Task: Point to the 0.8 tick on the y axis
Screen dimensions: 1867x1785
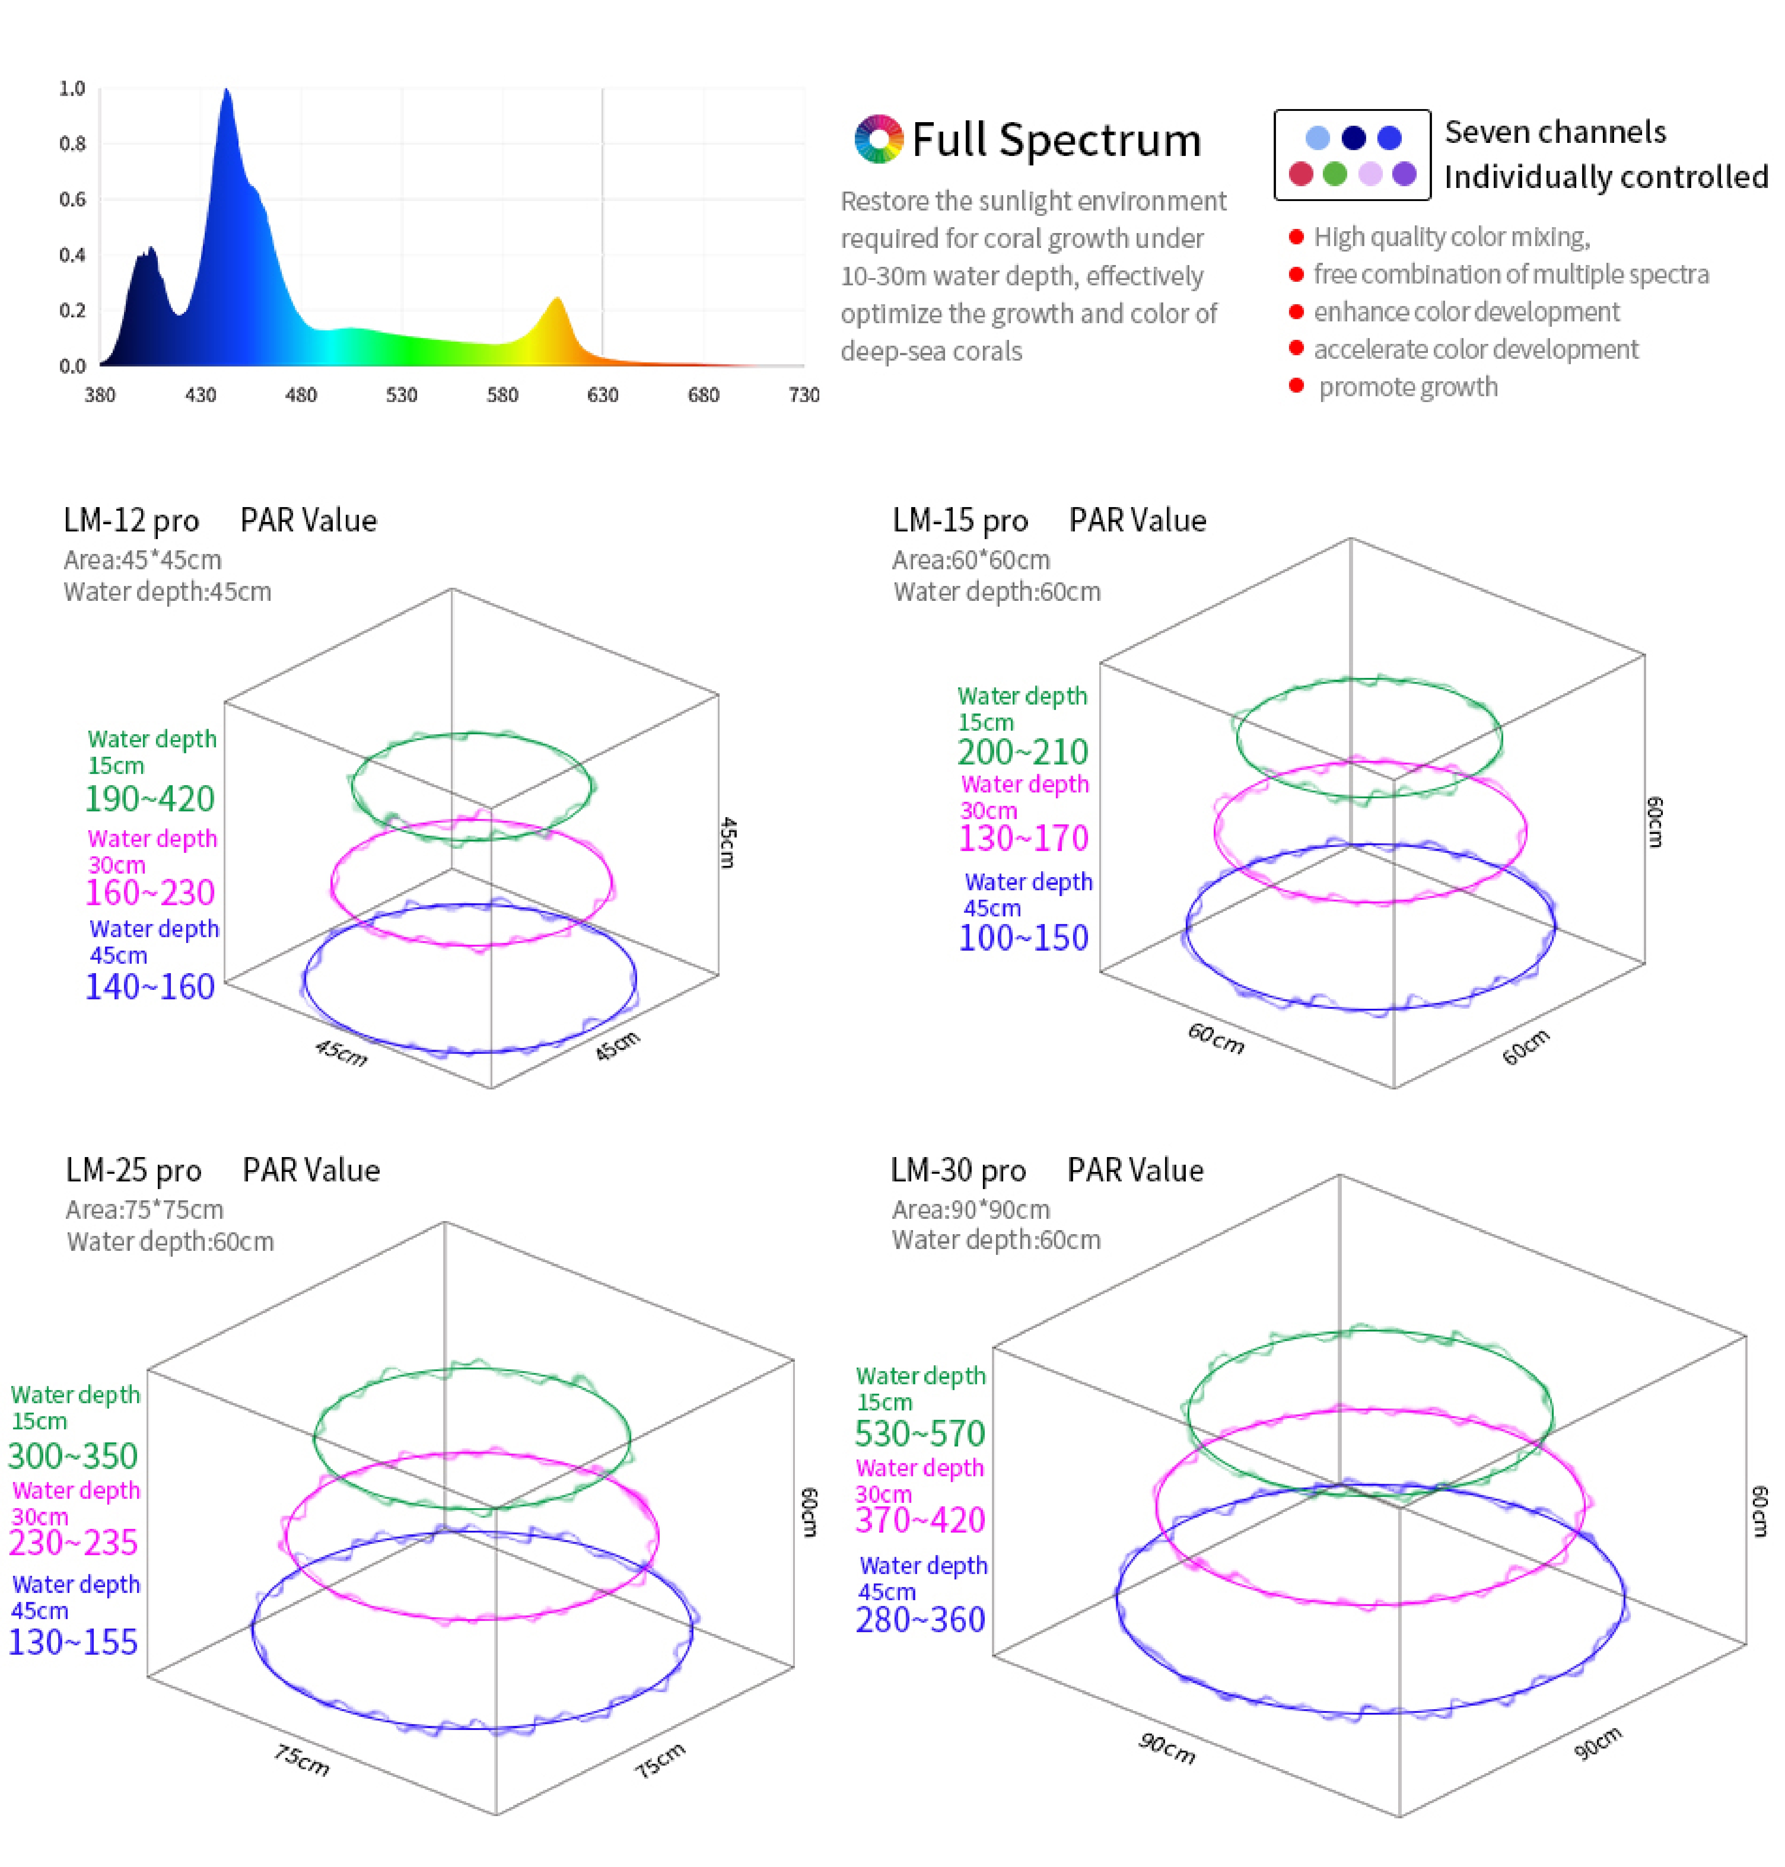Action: pyautogui.click(x=72, y=144)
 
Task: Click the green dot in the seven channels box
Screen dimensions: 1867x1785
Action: pyautogui.click(x=1335, y=174)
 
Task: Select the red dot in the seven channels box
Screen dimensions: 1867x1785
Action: pyautogui.click(x=1301, y=174)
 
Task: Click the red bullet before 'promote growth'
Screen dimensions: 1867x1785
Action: pyautogui.click(x=1296, y=385)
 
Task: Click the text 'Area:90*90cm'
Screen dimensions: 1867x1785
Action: pyautogui.click(x=971, y=1210)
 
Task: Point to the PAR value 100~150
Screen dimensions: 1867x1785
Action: pyautogui.click(x=1023, y=938)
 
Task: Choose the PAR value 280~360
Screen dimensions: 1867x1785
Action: pyautogui.click(x=920, y=1620)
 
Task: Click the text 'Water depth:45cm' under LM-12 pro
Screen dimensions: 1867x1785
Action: pyautogui.click(x=167, y=591)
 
